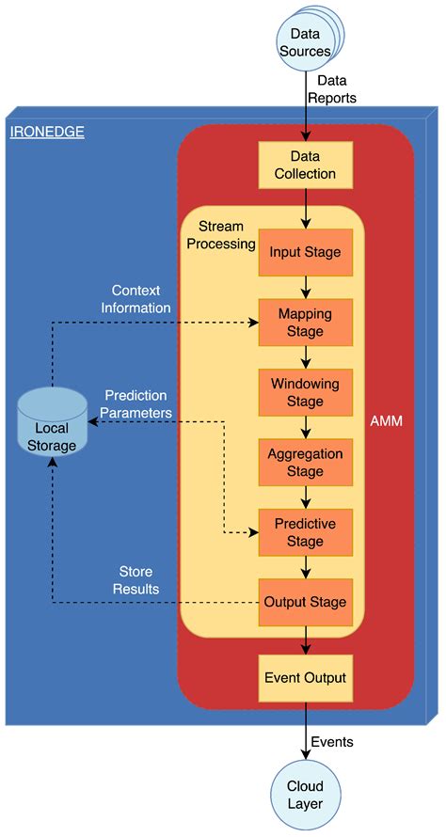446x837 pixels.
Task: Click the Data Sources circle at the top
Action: pyautogui.click(x=305, y=42)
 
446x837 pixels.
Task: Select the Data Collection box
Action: pyautogui.click(x=306, y=165)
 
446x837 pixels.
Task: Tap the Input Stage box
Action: pyautogui.click(x=305, y=252)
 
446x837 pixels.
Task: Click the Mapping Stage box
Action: pyautogui.click(x=305, y=323)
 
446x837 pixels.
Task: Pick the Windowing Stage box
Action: pyautogui.click(x=305, y=392)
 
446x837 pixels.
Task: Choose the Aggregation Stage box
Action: pyautogui.click(x=305, y=462)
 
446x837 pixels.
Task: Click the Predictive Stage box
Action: pyautogui.click(x=305, y=531)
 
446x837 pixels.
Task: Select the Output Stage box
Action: pyautogui.click(x=305, y=601)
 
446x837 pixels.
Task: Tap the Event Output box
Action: pyautogui.click(x=305, y=677)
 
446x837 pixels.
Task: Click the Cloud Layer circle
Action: pyautogui.click(x=305, y=795)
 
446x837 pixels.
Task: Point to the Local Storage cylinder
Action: pyautogui.click(x=53, y=429)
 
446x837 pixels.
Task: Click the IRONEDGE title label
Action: pyautogui.click(x=47, y=132)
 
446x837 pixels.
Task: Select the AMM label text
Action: pyautogui.click(x=387, y=421)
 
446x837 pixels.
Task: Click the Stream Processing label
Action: pyautogui.click(x=227, y=235)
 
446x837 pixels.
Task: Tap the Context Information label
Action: pyautogui.click(x=141, y=299)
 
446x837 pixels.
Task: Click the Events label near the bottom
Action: pyautogui.click(x=332, y=742)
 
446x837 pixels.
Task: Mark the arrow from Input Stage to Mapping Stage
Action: pyautogui.click(x=305, y=287)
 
